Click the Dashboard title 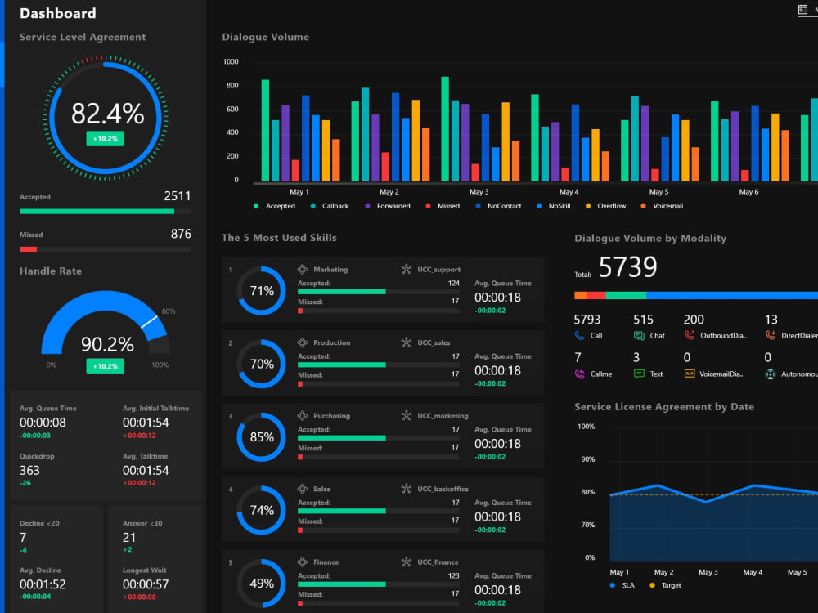coord(57,13)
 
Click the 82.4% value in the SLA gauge coord(107,114)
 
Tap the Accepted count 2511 coord(177,196)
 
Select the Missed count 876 coord(181,234)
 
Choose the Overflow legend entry coord(611,206)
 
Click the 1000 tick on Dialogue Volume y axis coord(231,62)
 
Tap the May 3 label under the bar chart coord(479,192)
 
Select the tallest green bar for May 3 coord(445,128)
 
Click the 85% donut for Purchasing coord(262,437)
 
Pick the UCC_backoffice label coord(443,489)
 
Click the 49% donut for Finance coord(262,584)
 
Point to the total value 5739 coord(627,267)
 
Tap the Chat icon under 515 coord(639,335)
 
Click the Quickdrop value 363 coord(29,470)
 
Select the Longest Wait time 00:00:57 coord(146,584)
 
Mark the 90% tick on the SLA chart coord(587,459)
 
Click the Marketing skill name coord(330,269)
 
